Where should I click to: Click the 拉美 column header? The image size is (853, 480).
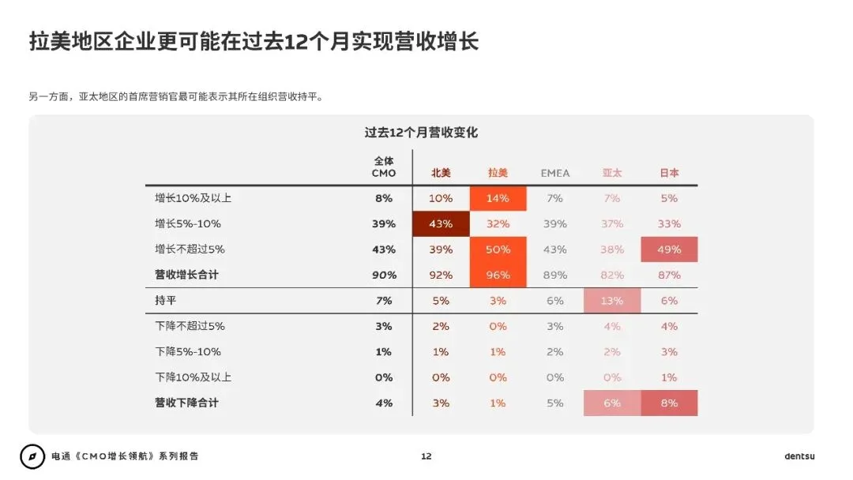click(x=498, y=173)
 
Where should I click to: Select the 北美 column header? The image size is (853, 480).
click(x=441, y=173)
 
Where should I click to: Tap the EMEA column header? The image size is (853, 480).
click(x=554, y=173)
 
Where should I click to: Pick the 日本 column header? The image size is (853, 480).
click(x=669, y=173)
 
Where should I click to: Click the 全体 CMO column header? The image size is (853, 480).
click(x=384, y=167)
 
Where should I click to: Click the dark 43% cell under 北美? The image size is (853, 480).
click(x=441, y=223)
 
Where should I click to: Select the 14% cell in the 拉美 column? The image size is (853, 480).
click(x=498, y=198)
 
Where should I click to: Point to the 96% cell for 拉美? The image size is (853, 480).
click(x=498, y=275)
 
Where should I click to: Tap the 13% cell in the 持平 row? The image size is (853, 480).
click(x=612, y=301)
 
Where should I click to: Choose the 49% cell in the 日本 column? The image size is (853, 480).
click(x=669, y=249)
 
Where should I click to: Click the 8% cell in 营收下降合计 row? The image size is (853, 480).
click(x=669, y=403)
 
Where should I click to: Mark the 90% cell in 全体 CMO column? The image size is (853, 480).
click(x=384, y=275)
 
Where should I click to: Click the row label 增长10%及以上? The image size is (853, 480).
click(x=194, y=198)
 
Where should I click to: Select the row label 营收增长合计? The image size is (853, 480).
click(x=186, y=275)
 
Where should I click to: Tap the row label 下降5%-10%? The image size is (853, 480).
click(x=188, y=351)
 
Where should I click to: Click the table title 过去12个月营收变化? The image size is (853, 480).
click(x=421, y=133)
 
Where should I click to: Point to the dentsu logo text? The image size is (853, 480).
click(x=799, y=456)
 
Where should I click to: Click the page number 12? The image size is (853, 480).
click(x=426, y=456)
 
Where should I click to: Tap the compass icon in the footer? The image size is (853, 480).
click(x=32, y=456)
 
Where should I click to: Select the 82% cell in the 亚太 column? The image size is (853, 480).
click(x=612, y=275)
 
